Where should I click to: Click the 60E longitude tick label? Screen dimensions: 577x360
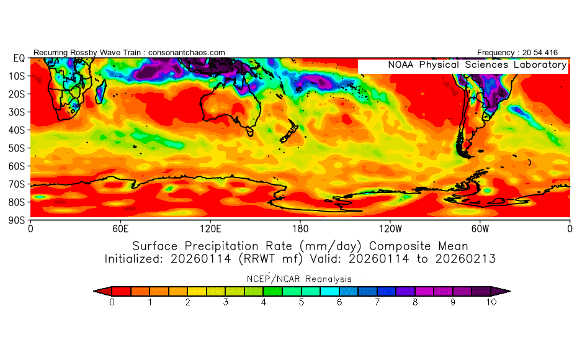pyautogui.click(x=120, y=229)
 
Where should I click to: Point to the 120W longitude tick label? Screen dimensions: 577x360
pyautogui.click(x=390, y=229)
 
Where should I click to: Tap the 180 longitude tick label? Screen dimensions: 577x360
pyautogui.click(x=300, y=229)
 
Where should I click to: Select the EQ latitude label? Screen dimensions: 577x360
pyautogui.click(x=19, y=58)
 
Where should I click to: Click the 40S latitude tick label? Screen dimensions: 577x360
pyautogui.click(x=17, y=130)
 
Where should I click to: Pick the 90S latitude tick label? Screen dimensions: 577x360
pyautogui.click(x=17, y=220)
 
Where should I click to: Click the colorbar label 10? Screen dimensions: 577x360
pyautogui.click(x=491, y=302)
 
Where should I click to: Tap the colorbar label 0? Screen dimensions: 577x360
pyautogui.click(x=112, y=302)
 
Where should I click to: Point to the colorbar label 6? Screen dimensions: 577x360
pyautogui.click(x=339, y=302)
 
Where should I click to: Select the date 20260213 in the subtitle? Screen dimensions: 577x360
pyautogui.click(x=465, y=259)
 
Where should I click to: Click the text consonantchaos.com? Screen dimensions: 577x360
pyautogui.click(x=187, y=53)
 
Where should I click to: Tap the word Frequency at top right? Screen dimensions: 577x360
pyautogui.click(x=495, y=53)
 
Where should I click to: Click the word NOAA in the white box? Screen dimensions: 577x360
pyautogui.click(x=401, y=65)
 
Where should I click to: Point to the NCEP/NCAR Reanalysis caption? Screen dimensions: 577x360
pyautogui.click(x=299, y=279)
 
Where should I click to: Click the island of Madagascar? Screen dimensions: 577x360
pyautogui.click(x=101, y=91)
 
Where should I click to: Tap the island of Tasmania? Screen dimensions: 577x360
pyautogui.click(x=250, y=131)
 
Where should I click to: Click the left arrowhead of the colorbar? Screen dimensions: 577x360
pyautogui.click(x=102, y=291)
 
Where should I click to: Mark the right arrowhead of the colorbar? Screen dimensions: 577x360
pyautogui.click(x=501, y=291)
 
